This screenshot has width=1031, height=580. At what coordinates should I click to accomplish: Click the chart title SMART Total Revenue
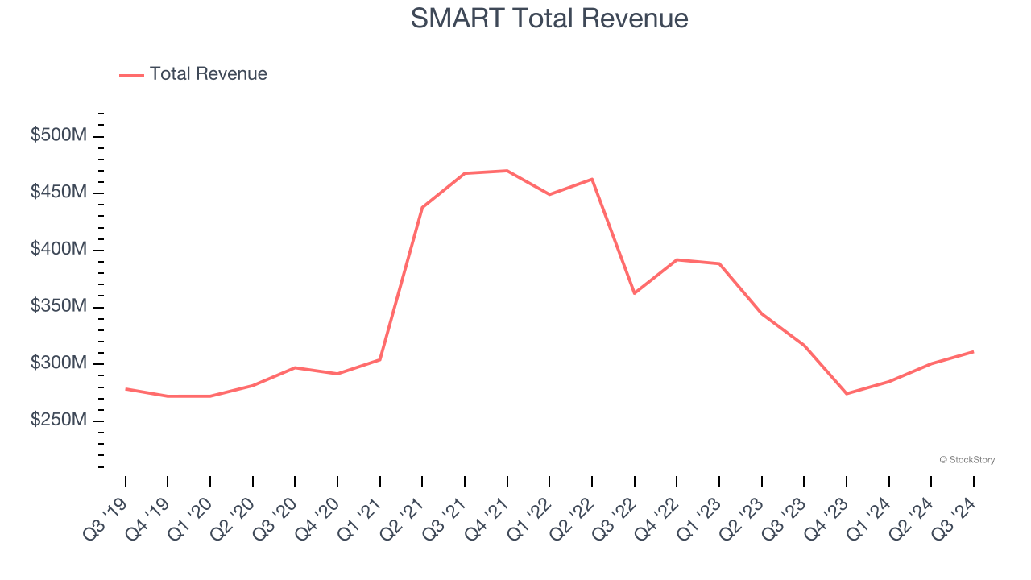click(x=549, y=18)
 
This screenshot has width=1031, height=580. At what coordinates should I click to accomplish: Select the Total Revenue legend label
click(x=208, y=74)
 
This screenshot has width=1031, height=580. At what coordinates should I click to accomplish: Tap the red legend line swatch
click(x=131, y=75)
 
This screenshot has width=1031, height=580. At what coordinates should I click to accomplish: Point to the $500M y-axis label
click(x=58, y=135)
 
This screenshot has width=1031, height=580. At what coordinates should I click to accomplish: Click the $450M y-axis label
click(x=58, y=193)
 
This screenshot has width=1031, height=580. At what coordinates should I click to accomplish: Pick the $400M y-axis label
click(x=58, y=250)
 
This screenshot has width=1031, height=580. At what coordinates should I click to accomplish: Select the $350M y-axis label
click(x=58, y=307)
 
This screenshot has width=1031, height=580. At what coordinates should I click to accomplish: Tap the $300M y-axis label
click(x=58, y=363)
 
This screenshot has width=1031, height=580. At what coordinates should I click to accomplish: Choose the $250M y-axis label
click(x=58, y=420)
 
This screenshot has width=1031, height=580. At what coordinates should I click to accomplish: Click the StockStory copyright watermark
click(x=967, y=460)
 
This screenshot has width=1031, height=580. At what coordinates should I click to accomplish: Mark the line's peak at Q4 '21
click(x=507, y=171)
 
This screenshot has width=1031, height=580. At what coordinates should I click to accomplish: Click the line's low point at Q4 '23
click(x=847, y=393)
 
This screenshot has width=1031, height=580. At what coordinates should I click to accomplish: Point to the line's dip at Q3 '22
click(x=634, y=293)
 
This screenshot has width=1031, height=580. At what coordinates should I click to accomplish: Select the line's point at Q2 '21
click(x=422, y=208)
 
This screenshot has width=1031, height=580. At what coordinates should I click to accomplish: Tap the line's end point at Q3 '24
click(x=973, y=351)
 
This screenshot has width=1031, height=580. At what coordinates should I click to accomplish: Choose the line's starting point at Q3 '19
click(x=126, y=389)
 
